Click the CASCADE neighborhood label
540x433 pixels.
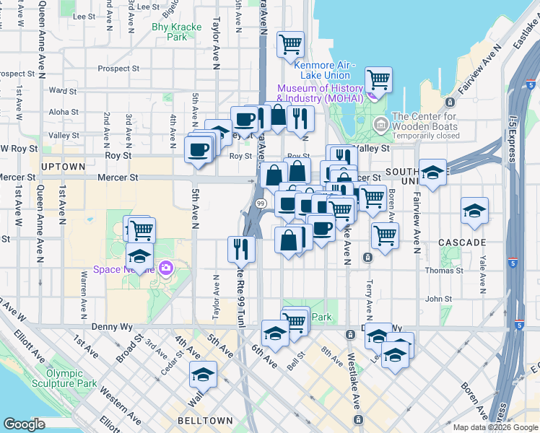point(462,242)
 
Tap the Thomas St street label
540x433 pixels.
point(445,271)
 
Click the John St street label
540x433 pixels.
point(437,299)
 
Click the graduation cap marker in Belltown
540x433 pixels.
point(204,375)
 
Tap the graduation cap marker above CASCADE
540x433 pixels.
point(474,210)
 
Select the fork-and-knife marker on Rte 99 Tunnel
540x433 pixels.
point(241,249)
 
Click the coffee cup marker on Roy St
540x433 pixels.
point(197,149)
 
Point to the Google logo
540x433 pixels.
point(24,424)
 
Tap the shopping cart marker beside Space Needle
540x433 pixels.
point(141,230)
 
